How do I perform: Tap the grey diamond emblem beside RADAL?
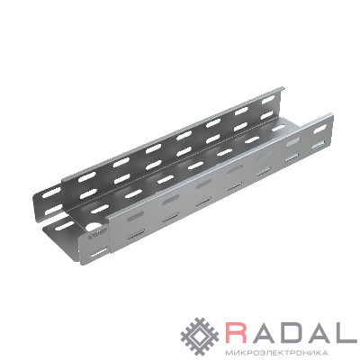(x=201, y=335)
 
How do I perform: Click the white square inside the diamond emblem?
(x=201, y=335)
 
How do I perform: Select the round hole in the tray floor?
(x=93, y=226)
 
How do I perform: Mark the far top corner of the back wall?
(x=283, y=87)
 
